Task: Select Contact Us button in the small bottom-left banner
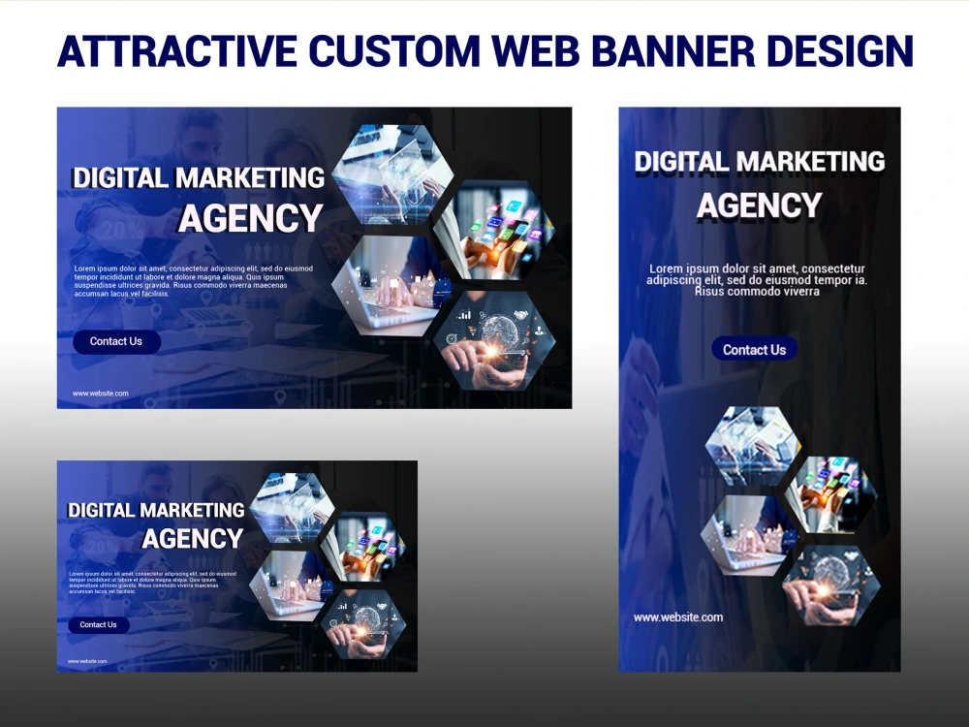(x=98, y=625)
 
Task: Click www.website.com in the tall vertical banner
(x=678, y=617)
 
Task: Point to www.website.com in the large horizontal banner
(x=101, y=394)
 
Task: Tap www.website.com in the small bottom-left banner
(x=87, y=661)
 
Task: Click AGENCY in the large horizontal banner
(x=250, y=219)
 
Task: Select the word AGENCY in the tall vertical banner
(x=759, y=206)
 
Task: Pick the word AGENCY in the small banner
(x=193, y=539)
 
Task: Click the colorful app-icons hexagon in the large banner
(x=492, y=231)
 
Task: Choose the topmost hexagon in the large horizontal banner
(x=393, y=174)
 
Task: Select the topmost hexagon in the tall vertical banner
(x=752, y=445)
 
